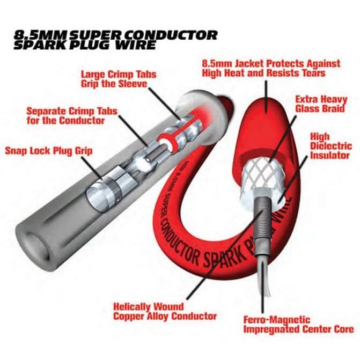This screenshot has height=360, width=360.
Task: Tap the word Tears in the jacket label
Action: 312,73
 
